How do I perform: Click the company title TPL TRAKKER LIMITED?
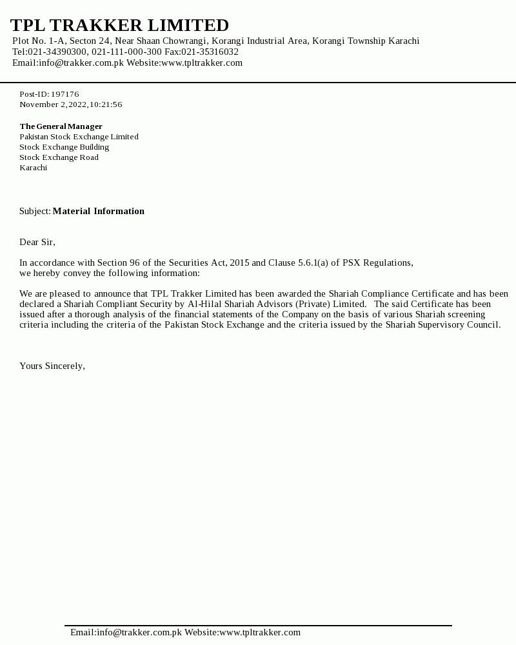click(119, 25)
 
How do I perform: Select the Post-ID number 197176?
click(65, 94)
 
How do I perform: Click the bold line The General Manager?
click(61, 126)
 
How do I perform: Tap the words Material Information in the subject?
click(99, 211)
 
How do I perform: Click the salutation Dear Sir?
click(37, 242)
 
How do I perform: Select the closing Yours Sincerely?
click(52, 366)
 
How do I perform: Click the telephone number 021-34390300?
click(57, 52)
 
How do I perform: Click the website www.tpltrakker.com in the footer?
click(260, 632)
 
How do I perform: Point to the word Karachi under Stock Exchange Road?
click(33, 168)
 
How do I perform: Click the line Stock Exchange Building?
click(64, 147)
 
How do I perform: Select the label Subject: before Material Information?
click(35, 211)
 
